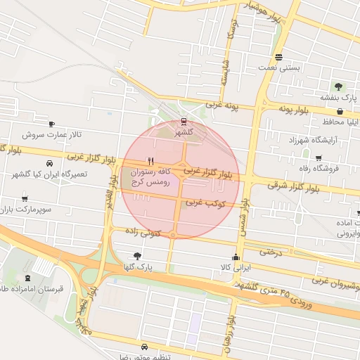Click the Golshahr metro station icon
(x=184, y=122)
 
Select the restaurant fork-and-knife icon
(x=150, y=160)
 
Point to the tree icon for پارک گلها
(x=137, y=257)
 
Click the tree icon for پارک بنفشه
(x=339, y=86)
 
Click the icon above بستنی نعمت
(x=279, y=58)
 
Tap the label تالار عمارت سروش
(x=51, y=134)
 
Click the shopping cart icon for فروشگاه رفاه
(x=319, y=158)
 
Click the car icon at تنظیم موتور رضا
(x=144, y=347)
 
